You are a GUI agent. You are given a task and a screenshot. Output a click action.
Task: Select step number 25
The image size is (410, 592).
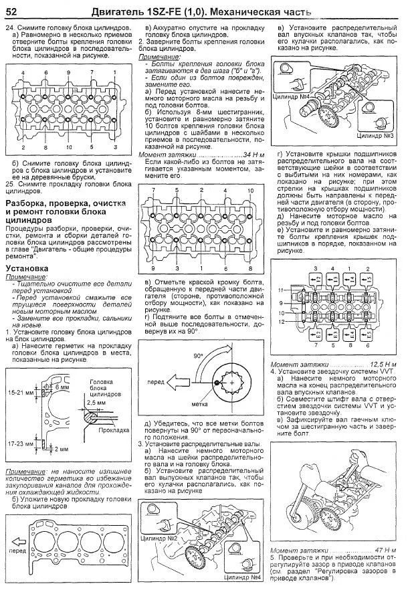pyautogui.click(x=9, y=183)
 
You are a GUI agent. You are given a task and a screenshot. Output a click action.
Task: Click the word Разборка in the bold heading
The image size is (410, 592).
pyautogui.click(x=28, y=201)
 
